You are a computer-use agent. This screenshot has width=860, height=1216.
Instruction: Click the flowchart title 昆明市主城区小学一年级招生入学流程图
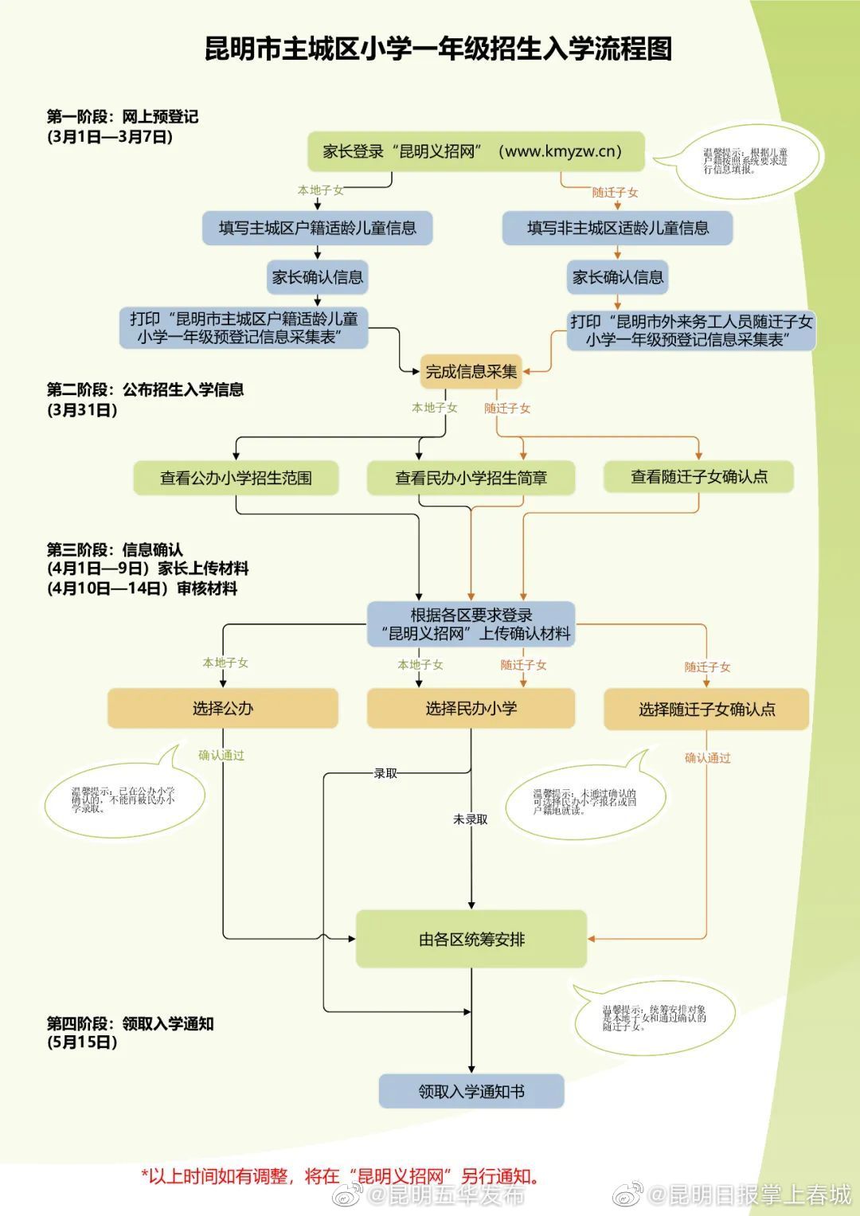[x=438, y=49]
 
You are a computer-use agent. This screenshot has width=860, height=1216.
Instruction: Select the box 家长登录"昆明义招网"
[x=475, y=151]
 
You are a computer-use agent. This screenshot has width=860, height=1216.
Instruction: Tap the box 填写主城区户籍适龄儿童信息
[x=317, y=229]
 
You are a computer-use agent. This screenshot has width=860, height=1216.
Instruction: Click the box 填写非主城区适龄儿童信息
[x=617, y=229]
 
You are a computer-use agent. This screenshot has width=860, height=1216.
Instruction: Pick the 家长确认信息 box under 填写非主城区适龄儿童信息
[x=617, y=277]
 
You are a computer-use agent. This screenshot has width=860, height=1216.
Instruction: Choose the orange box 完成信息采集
[x=471, y=371]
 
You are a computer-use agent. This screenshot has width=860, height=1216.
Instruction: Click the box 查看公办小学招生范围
[x=236, y=478]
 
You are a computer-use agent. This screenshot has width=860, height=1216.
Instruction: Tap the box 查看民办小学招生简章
[x=471, y=478]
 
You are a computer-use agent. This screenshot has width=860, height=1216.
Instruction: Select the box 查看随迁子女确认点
[x=698, y=477]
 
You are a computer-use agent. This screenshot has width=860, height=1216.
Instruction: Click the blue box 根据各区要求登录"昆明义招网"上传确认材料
[x=471, y=624]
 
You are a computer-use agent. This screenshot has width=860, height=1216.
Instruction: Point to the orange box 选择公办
[x=223, y=708]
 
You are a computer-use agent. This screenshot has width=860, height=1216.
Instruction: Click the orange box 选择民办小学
[x=471, y=708]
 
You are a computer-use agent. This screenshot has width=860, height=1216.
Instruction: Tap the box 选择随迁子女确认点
[x=706, y=710]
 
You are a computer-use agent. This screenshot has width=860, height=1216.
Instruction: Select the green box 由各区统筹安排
[x=471, y=940]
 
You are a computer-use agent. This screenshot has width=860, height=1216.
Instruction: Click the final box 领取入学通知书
[x=471, y=1091]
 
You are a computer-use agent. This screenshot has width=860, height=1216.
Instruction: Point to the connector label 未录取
[x=471, y=819]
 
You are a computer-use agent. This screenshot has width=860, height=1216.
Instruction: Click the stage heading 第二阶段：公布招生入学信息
[x=145, y=389]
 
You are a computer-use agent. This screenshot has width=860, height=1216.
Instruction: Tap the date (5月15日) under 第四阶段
[x=82, y=1042]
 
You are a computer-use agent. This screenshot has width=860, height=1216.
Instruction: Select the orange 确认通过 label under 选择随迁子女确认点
[x=707, y=758]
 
